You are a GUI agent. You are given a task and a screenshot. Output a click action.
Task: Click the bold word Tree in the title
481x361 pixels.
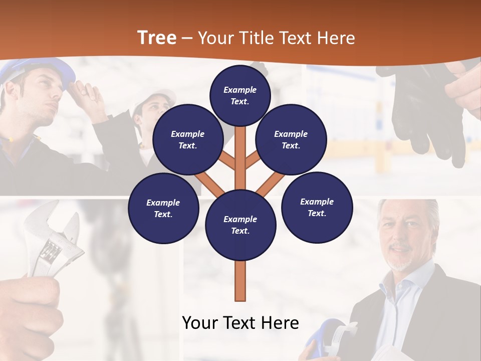point(157,38)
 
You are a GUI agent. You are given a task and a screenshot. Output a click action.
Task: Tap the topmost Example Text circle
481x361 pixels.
point(240,95)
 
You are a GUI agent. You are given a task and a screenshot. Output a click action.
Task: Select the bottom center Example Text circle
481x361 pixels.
point(241,225)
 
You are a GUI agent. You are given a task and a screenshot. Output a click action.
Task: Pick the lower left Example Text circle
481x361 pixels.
point(163,209)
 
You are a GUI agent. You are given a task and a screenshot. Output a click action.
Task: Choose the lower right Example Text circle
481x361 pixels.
point(317,207)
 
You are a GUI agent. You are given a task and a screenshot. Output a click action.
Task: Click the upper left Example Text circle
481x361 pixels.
point(188,139)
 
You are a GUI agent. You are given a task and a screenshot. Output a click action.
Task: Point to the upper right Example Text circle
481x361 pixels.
point(291,139)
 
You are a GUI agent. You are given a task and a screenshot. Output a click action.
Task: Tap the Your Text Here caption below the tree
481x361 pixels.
point(241,323)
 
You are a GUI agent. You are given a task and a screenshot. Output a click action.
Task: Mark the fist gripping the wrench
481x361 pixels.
point(30,311)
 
